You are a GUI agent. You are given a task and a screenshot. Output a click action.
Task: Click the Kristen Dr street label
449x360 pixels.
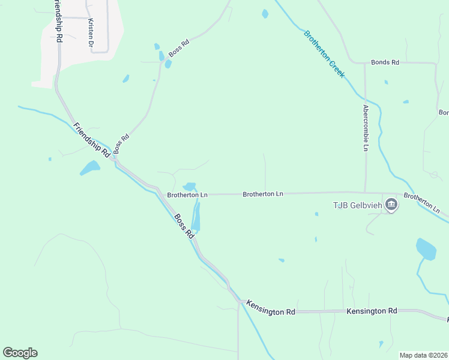point(91,33)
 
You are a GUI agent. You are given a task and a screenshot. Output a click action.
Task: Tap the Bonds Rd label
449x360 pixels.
point(385,62)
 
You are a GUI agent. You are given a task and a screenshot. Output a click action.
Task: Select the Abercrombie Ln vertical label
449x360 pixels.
point(365,128)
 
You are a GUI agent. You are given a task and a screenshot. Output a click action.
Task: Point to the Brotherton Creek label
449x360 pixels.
point(324,53)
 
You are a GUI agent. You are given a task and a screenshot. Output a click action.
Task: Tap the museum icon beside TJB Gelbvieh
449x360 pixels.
point(391,205)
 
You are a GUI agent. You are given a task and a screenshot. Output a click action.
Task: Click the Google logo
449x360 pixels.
point(20,353)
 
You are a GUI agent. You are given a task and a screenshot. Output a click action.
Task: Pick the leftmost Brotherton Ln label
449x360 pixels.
point(187,195)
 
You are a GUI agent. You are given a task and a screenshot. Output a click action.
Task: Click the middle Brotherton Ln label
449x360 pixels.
point(263,194)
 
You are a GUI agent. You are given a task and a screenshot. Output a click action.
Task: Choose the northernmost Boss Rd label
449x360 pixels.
point(179,49)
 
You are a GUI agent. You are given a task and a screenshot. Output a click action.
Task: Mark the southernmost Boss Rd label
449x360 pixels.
point(184,226)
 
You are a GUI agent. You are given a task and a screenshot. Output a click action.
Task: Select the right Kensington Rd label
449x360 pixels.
point(372,311)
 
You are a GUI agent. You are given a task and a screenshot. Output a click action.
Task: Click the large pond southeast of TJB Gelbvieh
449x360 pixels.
point(426,248)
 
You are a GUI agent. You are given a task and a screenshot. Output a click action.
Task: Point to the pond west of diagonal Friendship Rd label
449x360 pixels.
point(89,168)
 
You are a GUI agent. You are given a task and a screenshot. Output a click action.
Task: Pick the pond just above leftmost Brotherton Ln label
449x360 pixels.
point(189,186)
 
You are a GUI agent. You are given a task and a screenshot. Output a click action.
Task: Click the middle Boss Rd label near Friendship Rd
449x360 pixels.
point(121,144)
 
